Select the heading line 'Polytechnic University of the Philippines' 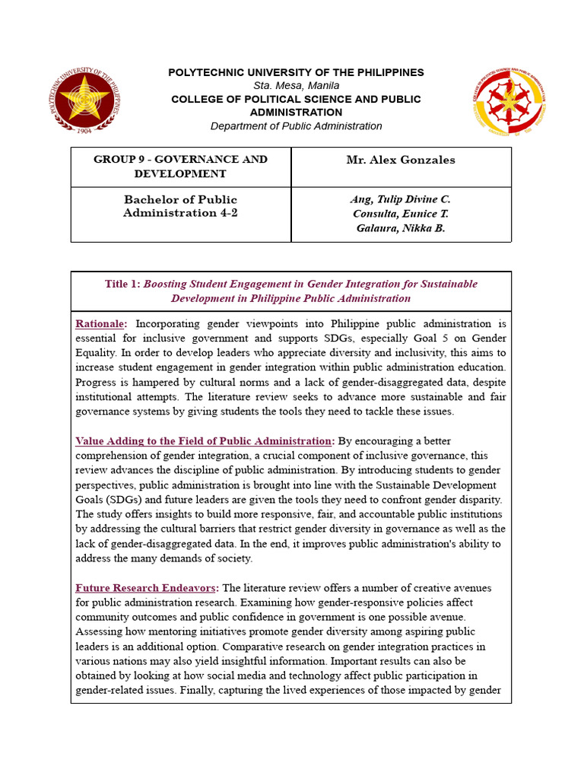pyautogui.click(x=296, y=72)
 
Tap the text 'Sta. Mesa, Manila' pyautogui.click(x=296, y=86)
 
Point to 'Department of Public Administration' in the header pyautogui.click(x=296, y=126)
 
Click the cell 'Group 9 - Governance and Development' pyautogui.click(x=180, y=167)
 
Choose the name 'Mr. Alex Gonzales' pyautogui.click(x=401, y=161)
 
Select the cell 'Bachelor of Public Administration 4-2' pyautogui.click(x=180, y=206)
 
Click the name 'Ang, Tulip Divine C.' pyautogui.click(x=401, y=199)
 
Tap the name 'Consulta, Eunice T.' pyautogui.click(x=401, y=214)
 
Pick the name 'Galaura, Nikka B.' pyautogui.click(x=401, y=228)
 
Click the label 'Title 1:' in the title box pyautogui.click(x=122, y=284)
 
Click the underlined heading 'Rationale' pyautogui.click(x=101, y=324)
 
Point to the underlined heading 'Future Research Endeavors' pyautogui.click(x=146, y=588)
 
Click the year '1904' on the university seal pyautogui.click(x=84, y=130)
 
